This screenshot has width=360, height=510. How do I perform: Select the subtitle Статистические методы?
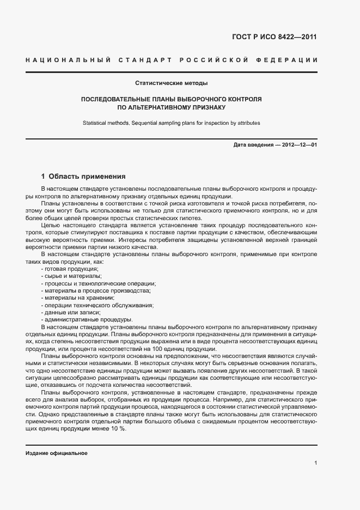click(x=171, y=83)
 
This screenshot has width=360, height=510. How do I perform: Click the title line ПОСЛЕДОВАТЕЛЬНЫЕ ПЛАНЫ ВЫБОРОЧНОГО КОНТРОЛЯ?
click(x=171, y=100)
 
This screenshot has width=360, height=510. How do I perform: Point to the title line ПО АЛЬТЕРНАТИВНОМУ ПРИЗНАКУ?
click(x=171, y=108)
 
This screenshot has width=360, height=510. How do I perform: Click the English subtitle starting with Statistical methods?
click(x=171, y=123)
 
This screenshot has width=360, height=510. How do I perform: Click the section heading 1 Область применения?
click(x=84, y=177)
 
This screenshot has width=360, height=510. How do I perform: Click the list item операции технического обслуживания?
click(x=97, y=305)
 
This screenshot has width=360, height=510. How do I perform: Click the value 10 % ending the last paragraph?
click(x=118, y=429)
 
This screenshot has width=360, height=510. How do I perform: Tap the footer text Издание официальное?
click(x=57, y=453)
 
